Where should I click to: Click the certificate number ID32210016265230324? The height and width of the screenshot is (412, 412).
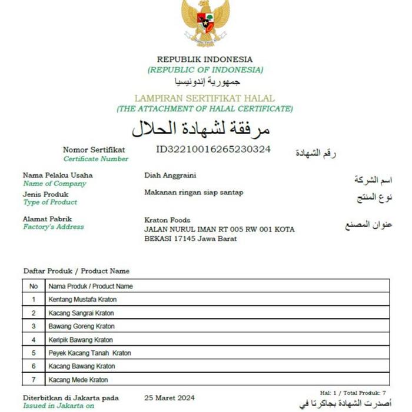click(213, 149)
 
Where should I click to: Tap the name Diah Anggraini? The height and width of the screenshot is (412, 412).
click(170, 175)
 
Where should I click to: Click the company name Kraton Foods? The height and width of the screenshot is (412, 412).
click(167, 220)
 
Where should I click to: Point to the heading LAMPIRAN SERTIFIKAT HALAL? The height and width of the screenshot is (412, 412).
click(204, 98)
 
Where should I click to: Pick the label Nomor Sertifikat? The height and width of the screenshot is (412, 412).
click(94, 149)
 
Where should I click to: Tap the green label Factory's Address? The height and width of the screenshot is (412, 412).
click(54, 227)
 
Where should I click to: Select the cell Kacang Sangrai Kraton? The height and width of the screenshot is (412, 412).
click(81, 313)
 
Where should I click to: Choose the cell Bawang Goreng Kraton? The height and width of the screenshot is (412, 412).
click(81, 326)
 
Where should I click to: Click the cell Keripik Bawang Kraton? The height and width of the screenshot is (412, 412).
click(81, 340)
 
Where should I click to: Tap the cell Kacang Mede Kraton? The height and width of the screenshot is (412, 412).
click(78, 380)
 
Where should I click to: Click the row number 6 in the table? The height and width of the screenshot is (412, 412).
click(34, 366)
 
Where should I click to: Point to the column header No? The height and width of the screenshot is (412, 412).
click(34, 286)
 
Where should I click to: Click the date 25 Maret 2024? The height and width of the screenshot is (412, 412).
click(170, 398)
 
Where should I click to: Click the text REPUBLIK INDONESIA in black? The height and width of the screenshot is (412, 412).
click(204, 59)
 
